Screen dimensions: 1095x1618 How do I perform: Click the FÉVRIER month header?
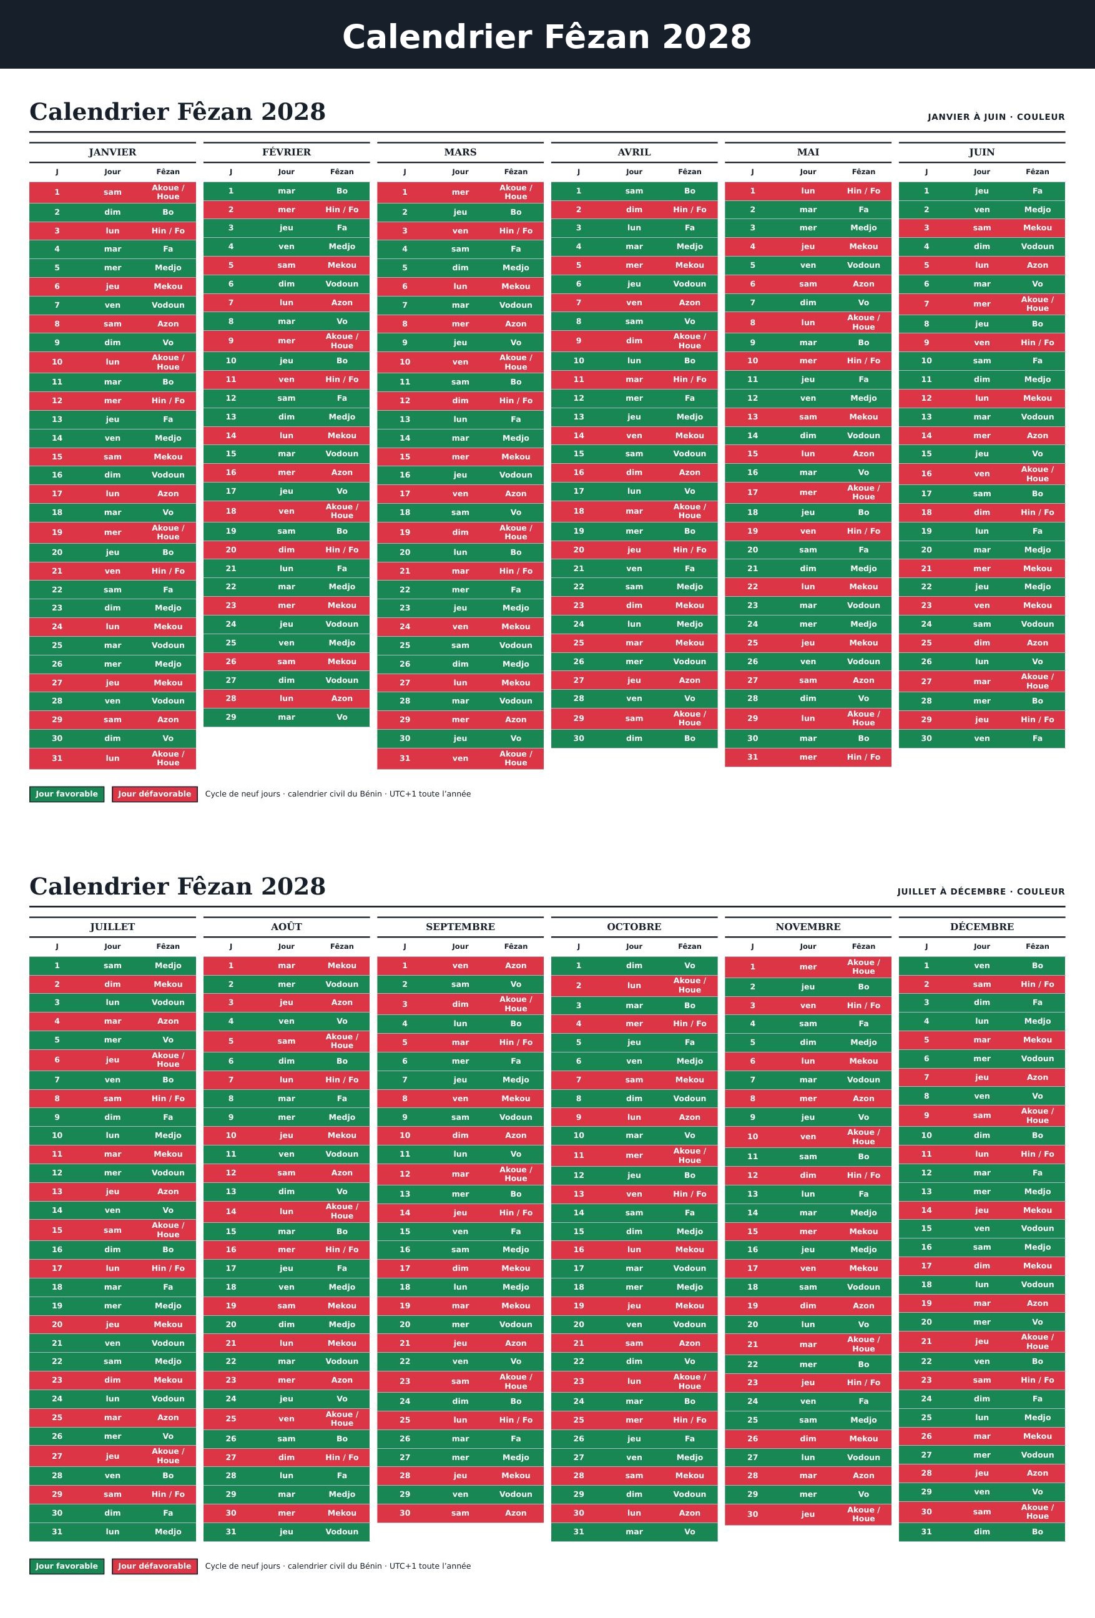tap(286, 152)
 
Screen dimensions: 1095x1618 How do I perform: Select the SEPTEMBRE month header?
tap(460, 926)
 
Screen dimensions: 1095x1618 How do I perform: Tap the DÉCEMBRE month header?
tap(981, 926)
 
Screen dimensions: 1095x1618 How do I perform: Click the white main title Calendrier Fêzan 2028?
tap(547, 37)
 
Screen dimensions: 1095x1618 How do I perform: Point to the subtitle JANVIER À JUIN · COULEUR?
tap(996, 117)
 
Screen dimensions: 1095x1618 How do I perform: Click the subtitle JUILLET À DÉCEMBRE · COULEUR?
tap(981, 891)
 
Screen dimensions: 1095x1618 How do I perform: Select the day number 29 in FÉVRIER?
tap(231, 717)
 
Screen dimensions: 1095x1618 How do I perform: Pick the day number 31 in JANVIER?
tap(57, 758)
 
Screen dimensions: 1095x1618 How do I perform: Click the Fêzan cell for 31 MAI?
tap(863, 757)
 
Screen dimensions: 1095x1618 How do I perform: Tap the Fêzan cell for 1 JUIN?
tap(1037, 191)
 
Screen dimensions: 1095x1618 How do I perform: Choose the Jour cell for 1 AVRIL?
tap(634, 191)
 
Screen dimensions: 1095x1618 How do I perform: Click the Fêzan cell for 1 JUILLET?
tap(168, 966)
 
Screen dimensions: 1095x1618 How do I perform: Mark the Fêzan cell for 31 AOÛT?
tap(341, 1532)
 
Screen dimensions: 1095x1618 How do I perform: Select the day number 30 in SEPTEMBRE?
tap(405, 1513)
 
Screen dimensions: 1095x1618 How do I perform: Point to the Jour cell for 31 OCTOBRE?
tap(634, 1532)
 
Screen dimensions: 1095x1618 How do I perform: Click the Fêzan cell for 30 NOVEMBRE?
tap(863, 1514)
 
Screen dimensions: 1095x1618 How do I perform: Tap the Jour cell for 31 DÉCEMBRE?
tap(981, 1532)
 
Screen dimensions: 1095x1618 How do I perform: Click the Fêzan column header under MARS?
tap(516, 171)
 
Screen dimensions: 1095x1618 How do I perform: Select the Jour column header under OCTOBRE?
tap(634, 946)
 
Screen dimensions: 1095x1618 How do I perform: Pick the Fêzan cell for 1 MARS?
tap(516, 192)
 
